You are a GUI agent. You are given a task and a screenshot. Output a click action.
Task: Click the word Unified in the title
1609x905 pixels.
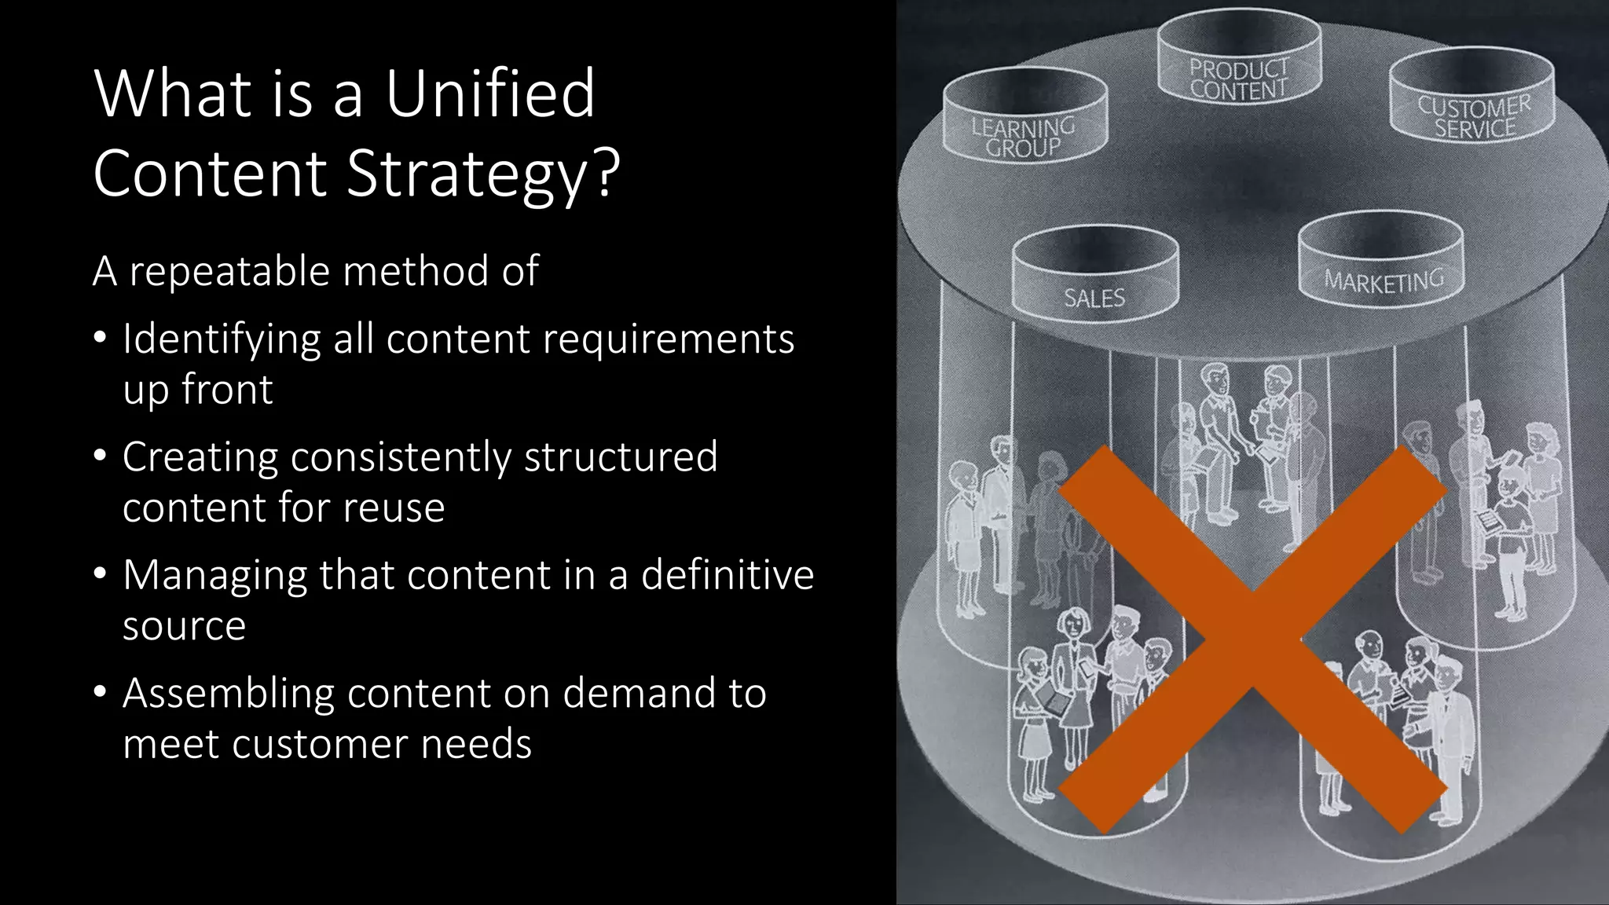pos(489,93)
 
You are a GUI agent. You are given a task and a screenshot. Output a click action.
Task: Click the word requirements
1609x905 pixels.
pos(668,340)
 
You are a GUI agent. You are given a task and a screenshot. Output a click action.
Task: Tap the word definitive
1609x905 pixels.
pos(728,575)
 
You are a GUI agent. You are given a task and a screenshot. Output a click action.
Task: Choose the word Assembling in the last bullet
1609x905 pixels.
pos(229,694)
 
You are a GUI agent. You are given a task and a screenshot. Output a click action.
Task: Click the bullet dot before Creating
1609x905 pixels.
pos(100,456)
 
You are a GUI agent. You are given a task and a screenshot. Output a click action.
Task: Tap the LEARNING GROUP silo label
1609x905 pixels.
pos(1023,137)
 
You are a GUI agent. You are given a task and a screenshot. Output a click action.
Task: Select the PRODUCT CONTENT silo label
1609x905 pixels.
pos(1239,79)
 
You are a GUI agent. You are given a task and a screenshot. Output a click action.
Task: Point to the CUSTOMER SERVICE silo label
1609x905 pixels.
pos(1474,117)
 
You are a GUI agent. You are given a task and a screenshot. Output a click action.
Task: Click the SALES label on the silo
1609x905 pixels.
pos(1094,298)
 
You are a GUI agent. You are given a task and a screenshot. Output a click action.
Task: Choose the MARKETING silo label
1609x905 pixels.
pos(1384,280)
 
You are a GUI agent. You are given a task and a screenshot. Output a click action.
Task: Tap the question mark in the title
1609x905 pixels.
pos(606,174)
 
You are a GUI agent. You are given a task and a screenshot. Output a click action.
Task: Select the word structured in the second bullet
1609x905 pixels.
pos(621,457)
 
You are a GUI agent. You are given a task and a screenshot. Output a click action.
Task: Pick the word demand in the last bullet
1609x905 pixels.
pos(640,694)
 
